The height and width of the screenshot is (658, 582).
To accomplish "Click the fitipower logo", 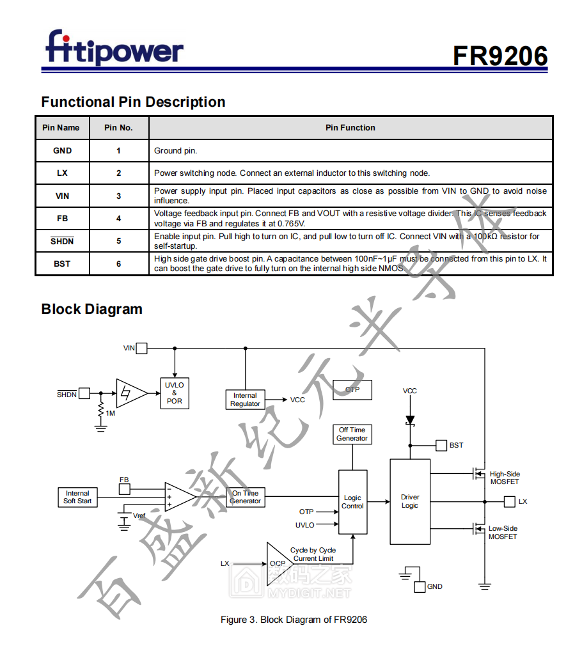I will [x=114, y=48].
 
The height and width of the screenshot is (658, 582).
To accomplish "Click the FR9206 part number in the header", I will [x=500, y=56].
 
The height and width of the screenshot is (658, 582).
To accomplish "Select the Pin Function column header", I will [x=350, y=128].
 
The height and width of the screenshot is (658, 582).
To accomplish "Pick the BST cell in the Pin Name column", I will [x=62, y=263].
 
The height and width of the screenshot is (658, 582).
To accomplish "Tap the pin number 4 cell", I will [x=119, y=219].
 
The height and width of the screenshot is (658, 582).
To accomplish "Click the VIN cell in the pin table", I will [x=62, y=196].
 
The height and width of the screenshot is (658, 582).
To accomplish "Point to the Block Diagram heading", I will [x=91, y=309].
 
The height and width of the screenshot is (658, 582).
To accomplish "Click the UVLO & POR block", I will [x=174, y=393].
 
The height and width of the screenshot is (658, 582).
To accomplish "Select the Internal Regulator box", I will [x=245, y=400].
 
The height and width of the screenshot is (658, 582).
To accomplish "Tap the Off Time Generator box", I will [x=352, y=434].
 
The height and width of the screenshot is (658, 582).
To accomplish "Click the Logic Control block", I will [x=352, y=502].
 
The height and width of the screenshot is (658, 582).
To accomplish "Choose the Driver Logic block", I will [x=410, y=501].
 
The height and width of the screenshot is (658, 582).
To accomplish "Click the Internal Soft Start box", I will [x=77, y=497].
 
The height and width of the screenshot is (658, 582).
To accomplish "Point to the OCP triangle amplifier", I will [x=278, y=563].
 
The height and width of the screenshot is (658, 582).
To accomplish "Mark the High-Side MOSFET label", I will [x=505, y=478].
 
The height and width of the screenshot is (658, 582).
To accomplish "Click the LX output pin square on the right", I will [x=509, y=502].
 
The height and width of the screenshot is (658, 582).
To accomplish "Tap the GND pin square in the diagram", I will [x=420, y=586].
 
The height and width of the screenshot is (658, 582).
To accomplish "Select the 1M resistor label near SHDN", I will [x=111, y=413].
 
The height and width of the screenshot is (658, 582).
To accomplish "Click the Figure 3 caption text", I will [x=294, y=620].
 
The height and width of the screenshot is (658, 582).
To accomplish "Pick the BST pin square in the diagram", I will [x=441, y=445].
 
